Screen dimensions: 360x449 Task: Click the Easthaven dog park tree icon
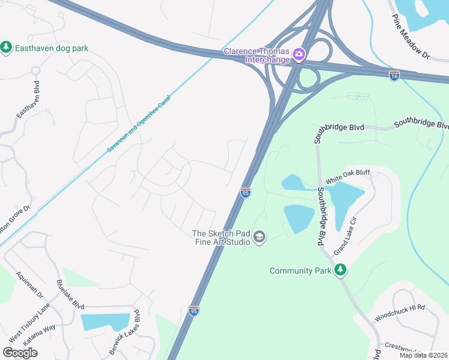pyautogui.click(x=7, y=47)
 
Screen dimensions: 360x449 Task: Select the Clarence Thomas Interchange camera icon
pyautogui.click(x=299, y=55)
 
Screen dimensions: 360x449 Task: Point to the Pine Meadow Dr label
pyautogui.click(x=411, y=37)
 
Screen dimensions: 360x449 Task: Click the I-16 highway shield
pyautogui.click(x=394, y=76)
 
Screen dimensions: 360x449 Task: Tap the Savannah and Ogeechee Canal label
pyautogui.click(x=139, y=122)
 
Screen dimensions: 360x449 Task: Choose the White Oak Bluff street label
pyautogui.click(x=348, y=176)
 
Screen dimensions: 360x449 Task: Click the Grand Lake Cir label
pyautogui.click(x=345, y=236)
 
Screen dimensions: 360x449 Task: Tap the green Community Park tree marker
pyautogui.click(x=341, y=271)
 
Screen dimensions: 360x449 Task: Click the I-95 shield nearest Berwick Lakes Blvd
pyautogui.click(x=193, y=311)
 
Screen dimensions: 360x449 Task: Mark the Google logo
pyautogui.click(x=20, y=352)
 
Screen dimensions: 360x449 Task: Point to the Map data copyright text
pyautogui.click(x=423, y=355)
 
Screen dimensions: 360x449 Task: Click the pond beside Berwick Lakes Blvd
pyautogui.click(x=105, y=322)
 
